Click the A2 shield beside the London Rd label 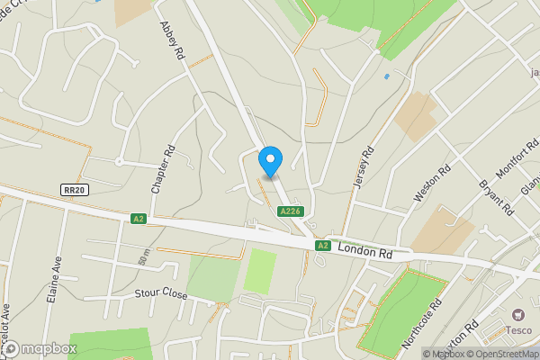[x=323, y=245]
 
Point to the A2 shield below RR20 [x=138, y=219]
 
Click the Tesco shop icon [x=517, y=315]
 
